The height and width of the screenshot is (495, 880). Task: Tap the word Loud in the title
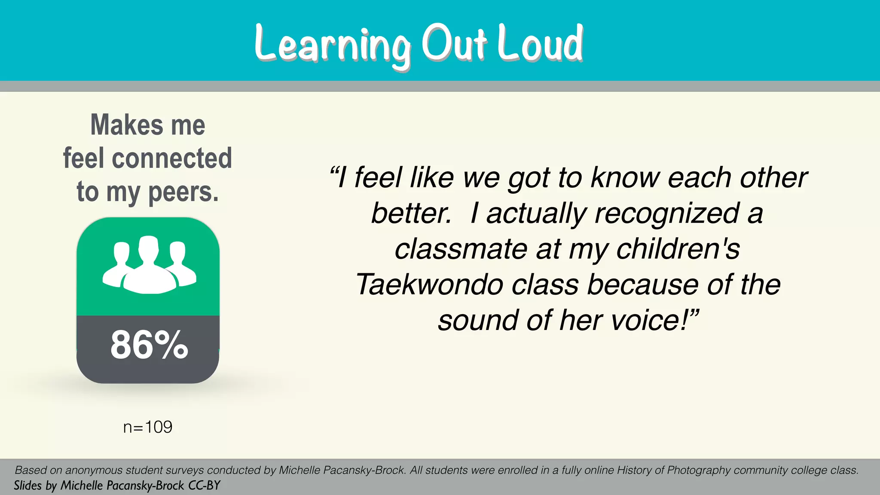(540, 43)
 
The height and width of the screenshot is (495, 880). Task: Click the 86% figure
(149, 345)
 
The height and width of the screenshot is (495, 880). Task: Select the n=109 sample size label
(147, 427)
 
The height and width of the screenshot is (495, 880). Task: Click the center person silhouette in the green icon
(149, 269)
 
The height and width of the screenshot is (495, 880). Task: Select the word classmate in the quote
(461, 249)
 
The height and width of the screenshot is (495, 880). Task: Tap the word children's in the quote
(678, 249)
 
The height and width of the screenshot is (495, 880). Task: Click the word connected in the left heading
(172, 158)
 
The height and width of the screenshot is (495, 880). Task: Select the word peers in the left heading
(183, 192)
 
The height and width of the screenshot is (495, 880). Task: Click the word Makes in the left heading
(127, 125)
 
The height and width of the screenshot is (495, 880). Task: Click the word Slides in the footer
(27, 486)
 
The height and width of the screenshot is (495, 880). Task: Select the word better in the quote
(411, 213)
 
